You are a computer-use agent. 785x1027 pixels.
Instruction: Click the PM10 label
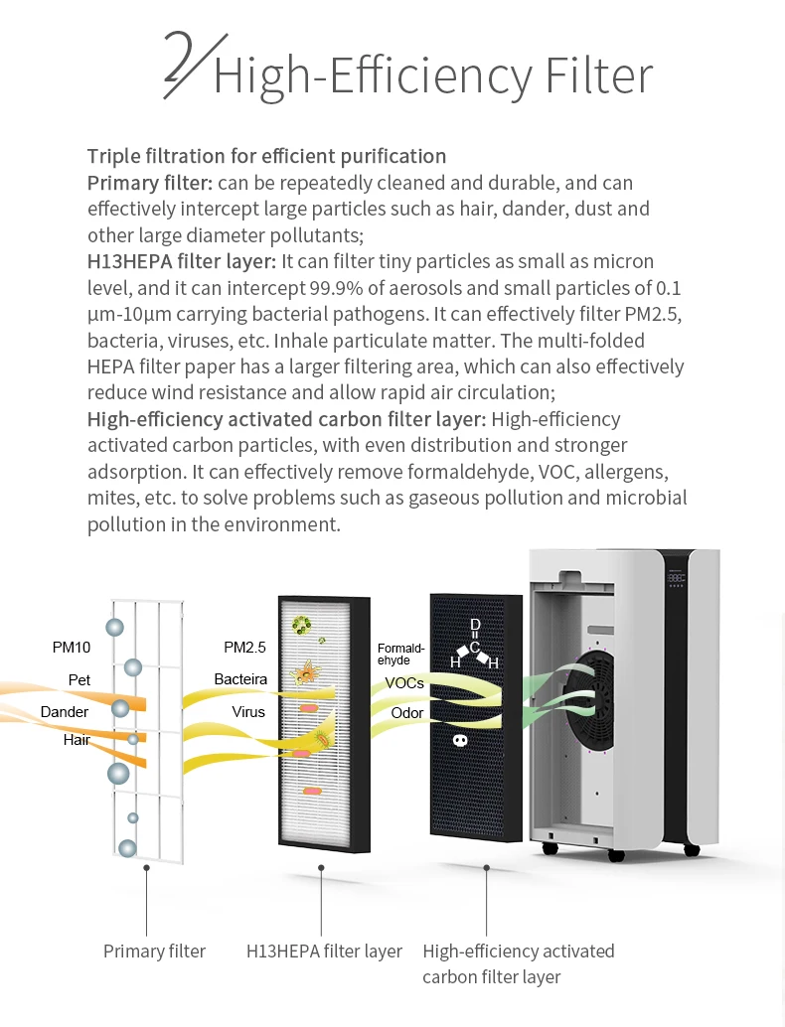coord(71,648)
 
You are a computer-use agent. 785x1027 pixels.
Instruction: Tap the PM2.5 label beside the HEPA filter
coord(244,648)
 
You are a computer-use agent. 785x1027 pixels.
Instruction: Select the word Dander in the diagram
coord(65,712)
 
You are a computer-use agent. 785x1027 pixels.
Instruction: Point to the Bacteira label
coord(240,679)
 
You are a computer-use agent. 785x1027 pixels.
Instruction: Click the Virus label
coord(248,712)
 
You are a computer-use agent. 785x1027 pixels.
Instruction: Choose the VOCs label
coord(404,683)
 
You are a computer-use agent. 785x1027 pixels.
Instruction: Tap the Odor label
coord(406,713)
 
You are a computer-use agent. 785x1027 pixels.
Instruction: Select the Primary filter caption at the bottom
coord(154,952)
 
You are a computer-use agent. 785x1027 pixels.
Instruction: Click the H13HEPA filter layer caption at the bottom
coord(324,952)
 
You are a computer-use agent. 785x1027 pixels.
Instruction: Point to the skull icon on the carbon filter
coord(460,739)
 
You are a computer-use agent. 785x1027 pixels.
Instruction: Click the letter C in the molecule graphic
coord(475,647)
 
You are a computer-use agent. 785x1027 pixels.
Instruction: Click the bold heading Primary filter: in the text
coord(149,183)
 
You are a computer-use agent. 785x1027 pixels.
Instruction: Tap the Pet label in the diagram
coord(79,680)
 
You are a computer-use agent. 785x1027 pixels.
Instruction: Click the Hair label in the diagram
coord(77,740)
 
